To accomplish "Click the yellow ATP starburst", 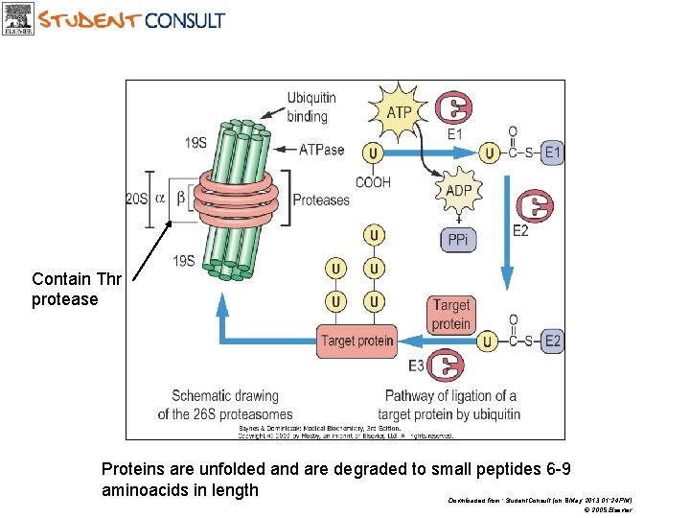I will tap(399, 113).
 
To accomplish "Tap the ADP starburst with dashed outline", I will tap(458, 191).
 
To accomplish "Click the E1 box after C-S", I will tap(553, 152).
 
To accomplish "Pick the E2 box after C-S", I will tap(553, 340).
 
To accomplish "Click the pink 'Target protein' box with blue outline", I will tap(356, 341).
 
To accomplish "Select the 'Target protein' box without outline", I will tap(450, 314).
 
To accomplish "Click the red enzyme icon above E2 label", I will tap(533, 205).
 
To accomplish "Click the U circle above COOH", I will tap(372, 152).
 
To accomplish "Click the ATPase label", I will tap(321, 150).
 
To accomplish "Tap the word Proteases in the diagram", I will tap(321, 200).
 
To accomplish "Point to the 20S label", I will tap(137, 200).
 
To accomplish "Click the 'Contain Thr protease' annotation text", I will tap(77, 289).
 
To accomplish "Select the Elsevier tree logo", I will tap(18, 18).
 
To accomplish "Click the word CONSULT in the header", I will tap(185, 19).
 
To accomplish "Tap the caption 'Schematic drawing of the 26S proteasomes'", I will tap(225, 405).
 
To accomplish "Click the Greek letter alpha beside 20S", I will tap(160, 199).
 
